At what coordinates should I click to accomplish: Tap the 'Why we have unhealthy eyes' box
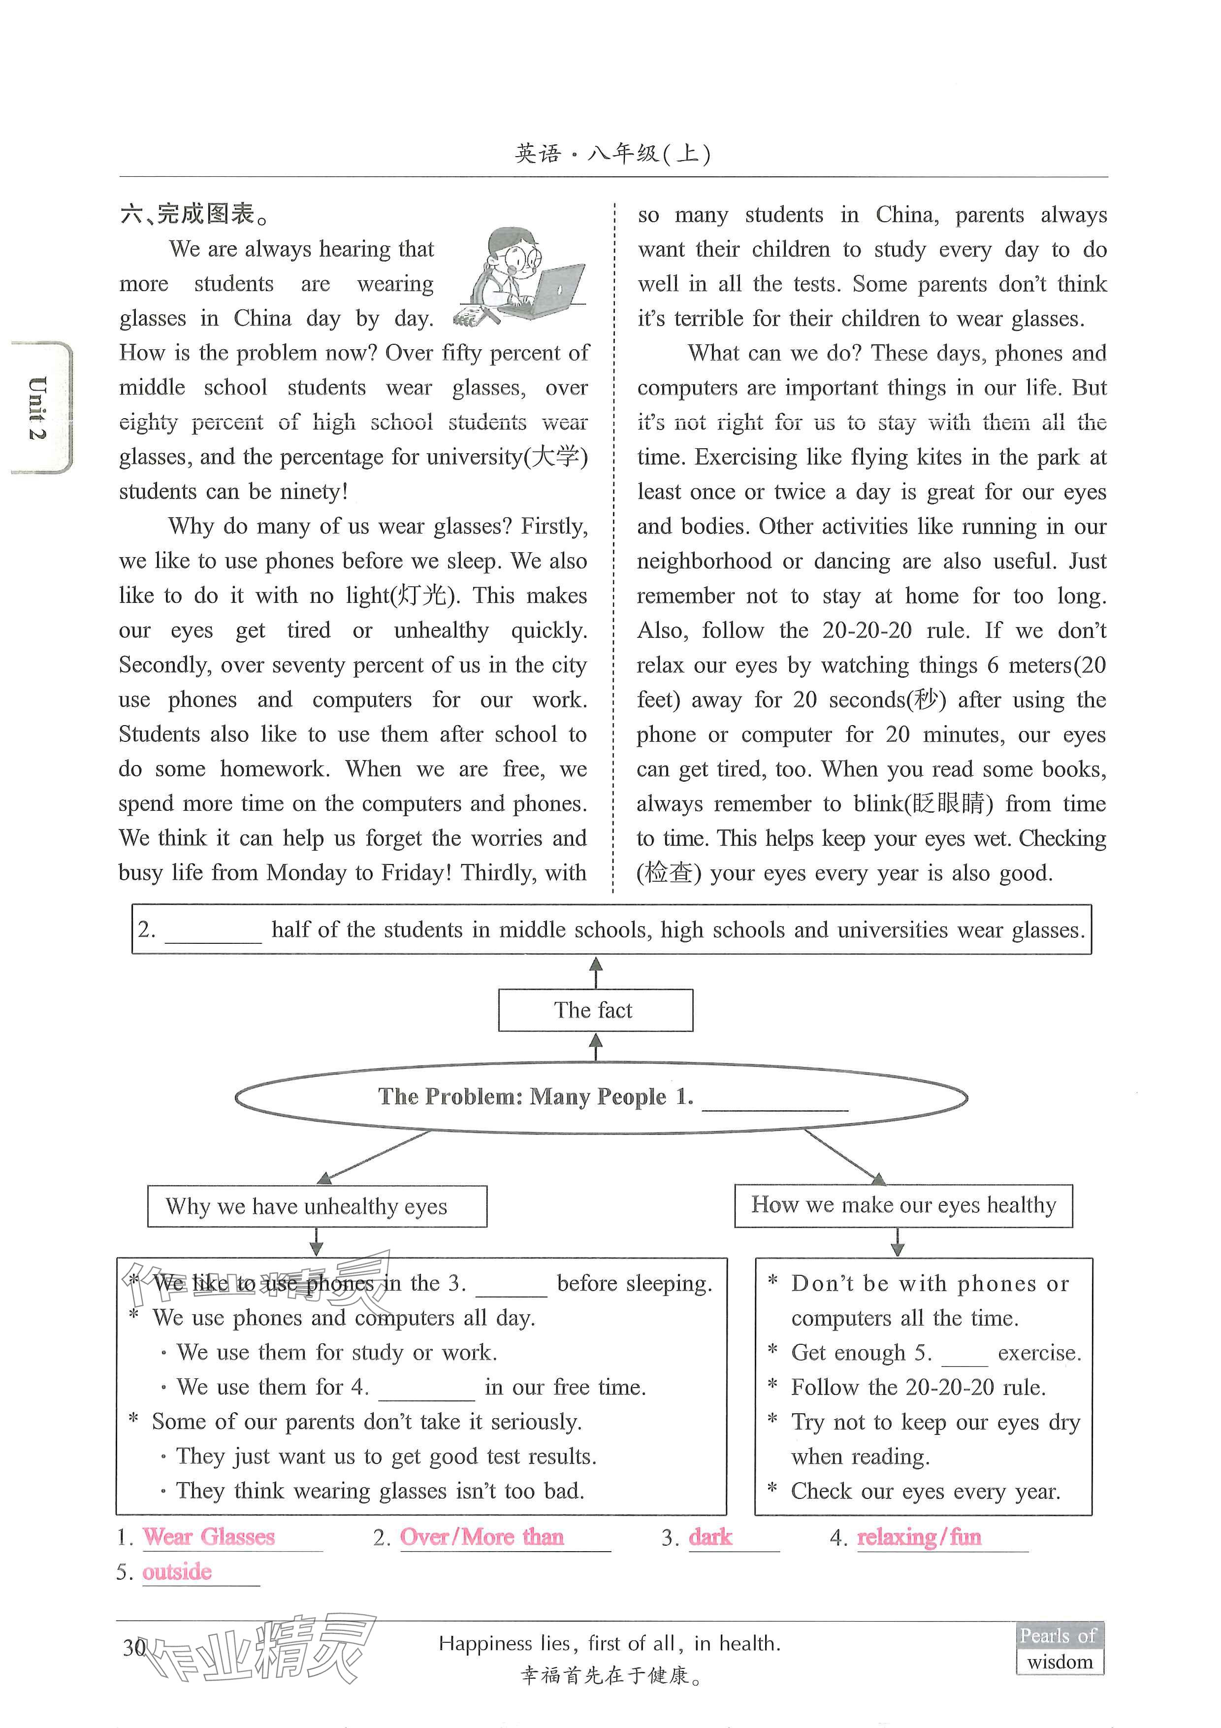tap(317, 1206)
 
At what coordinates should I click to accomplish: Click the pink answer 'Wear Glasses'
tap(209, 1537)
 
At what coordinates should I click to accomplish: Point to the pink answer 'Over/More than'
tap(482, 1537)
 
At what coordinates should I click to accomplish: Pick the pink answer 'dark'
tap(710, 1537)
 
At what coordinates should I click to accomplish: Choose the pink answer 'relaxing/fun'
tap(919, 1537)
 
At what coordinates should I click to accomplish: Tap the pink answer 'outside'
tap(177, 1571)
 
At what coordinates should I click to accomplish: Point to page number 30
tap(134, 1648)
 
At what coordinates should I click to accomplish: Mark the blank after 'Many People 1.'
tap(775, 1100)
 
